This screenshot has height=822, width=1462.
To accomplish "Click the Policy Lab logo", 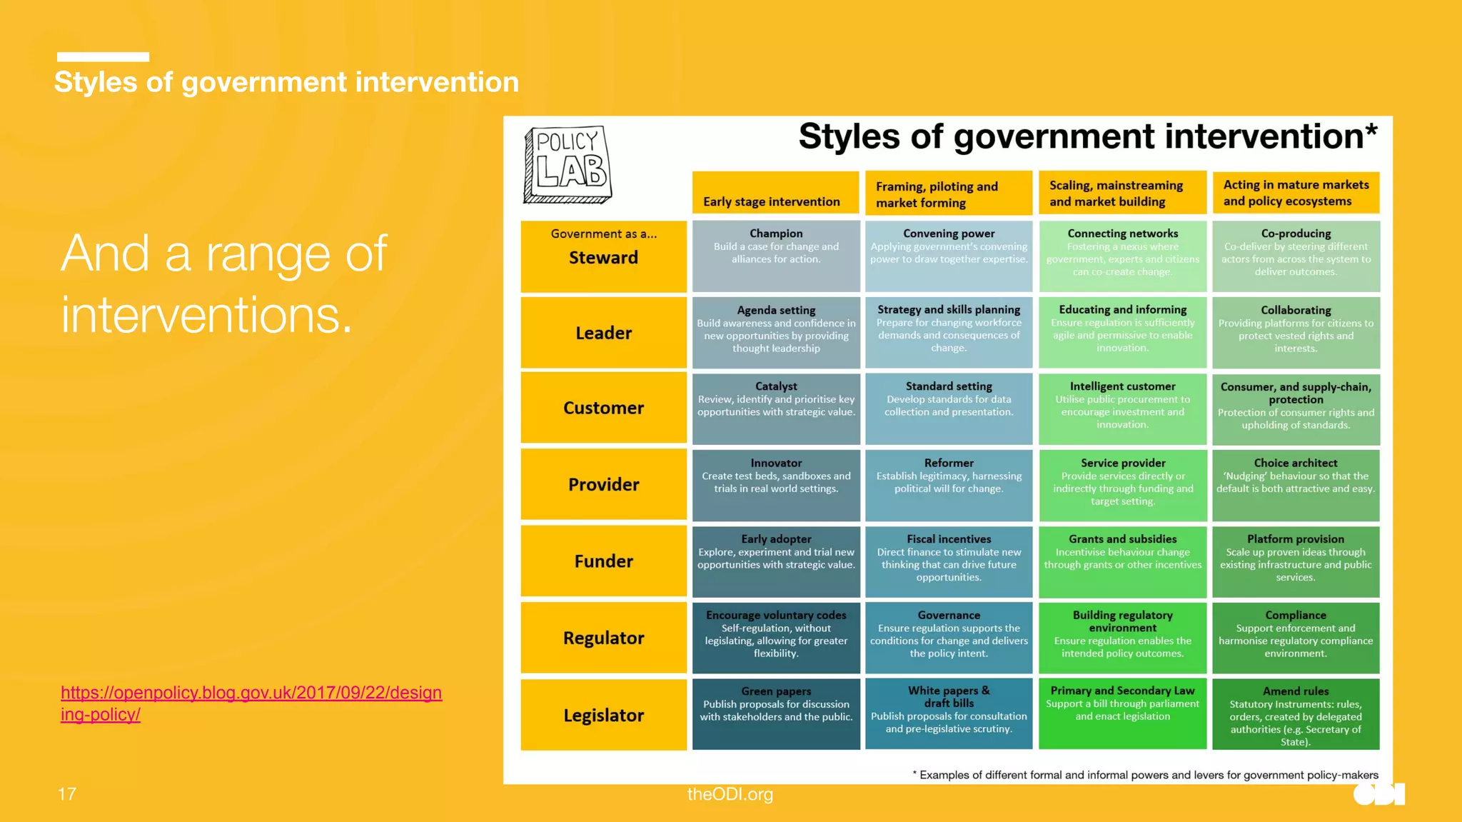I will [x=568, y=164].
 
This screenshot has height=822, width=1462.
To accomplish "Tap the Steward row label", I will [x=603, y=256].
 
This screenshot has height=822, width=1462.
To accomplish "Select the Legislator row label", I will [x=603, y=715].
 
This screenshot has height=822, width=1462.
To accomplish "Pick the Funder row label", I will [x=603, y=561].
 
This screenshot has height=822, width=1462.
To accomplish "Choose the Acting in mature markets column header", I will [x=1295, y=193].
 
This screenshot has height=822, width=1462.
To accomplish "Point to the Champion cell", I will [x=776, y=256].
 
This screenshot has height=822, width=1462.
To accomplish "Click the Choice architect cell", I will [x=1296, y=484].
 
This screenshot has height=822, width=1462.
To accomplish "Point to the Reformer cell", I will [x=949, y=484].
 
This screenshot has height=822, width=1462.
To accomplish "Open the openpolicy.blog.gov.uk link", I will [x=251, y=703].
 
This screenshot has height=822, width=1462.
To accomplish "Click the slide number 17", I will [x=67, y=794].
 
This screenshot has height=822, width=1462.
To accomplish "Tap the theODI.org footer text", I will [x=730, y=794].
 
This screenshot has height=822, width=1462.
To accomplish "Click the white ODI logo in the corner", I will [x=1378, y=794].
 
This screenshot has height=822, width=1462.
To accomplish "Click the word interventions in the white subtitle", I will [x=206, y=315].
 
